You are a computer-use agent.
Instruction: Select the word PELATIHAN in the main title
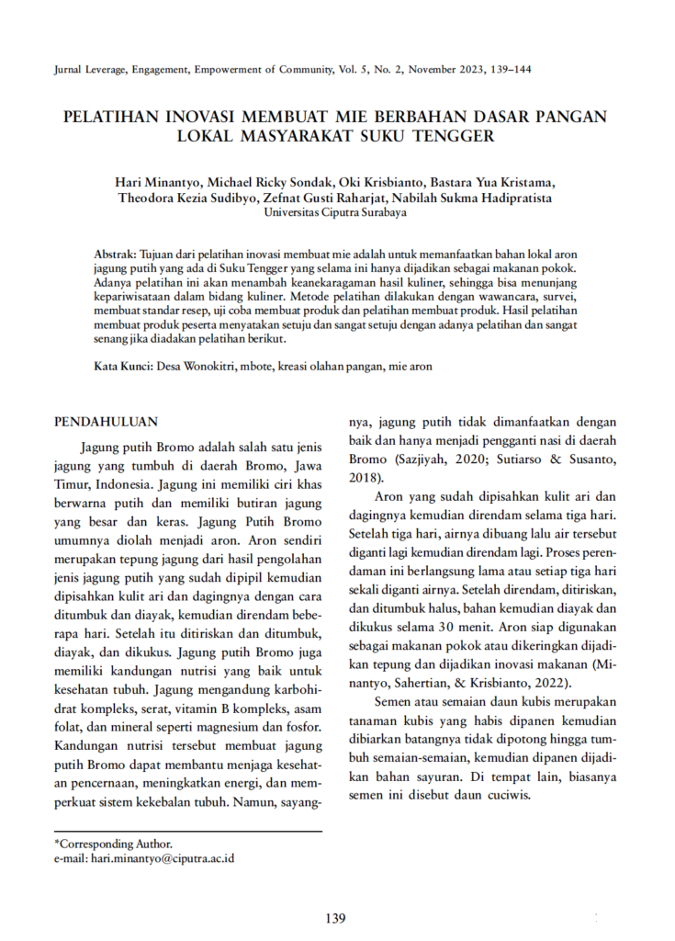(x=108, y=118)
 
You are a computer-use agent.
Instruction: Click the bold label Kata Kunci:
(x=124, y=366)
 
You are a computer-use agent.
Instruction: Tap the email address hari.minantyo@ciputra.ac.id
(x=162, y=858)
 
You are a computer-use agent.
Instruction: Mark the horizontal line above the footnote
(x=187, y=833)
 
